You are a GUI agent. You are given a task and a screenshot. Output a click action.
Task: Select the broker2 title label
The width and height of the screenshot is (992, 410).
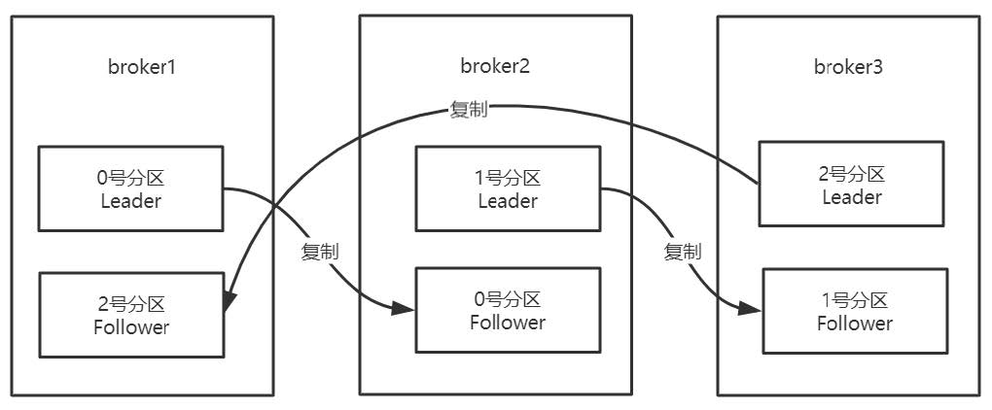(495, 66)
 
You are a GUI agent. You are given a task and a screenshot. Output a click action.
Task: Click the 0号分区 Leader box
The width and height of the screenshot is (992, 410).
(130, 190)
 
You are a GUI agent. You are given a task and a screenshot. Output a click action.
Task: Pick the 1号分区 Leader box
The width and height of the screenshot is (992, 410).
(508, 189)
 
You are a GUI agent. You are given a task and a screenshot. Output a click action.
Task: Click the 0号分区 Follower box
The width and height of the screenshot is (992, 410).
(508, 310)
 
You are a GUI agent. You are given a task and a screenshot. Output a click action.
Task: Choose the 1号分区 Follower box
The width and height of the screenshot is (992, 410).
(854, 311)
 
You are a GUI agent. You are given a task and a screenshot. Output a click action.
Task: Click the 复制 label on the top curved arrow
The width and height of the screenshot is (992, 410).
(469, 109)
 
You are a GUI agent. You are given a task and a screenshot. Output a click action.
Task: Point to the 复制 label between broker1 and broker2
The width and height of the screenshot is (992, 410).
(320, 252)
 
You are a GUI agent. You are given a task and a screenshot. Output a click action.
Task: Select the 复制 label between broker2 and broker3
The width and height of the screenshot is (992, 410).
(682, 252)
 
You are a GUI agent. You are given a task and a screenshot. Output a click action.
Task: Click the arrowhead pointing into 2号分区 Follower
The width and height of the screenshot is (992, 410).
(230, 301)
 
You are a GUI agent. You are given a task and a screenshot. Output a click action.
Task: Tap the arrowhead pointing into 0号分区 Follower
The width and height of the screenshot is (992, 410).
(407, 310)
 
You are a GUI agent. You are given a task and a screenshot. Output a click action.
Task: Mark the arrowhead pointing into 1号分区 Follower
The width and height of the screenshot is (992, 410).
(752, 309)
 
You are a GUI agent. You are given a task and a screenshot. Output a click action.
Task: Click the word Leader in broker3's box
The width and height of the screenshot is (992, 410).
(852, 197)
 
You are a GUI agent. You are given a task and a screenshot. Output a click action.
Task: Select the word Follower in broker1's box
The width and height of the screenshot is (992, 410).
(131, 326)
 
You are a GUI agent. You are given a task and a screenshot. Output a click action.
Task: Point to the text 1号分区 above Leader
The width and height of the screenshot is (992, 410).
(508, 179)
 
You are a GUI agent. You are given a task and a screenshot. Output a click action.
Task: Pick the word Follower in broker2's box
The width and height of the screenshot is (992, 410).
(508, 322)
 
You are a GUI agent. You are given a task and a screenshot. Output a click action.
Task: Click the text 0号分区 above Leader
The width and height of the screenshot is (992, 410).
(130, 180)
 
